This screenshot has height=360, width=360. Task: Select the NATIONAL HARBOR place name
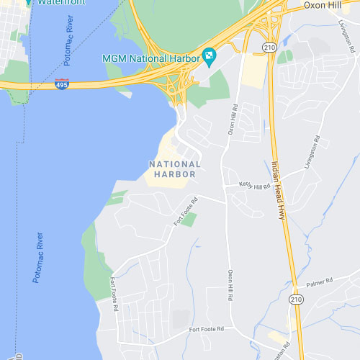pyautogui.click(x=174, y=168)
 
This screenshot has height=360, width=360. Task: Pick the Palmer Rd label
pyautogui.click(x=318, y=280)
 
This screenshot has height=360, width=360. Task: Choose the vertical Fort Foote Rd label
pyautogui.click(x=114, y=294)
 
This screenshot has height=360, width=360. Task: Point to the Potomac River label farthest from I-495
pyautogui.click(x=38, y=257)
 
